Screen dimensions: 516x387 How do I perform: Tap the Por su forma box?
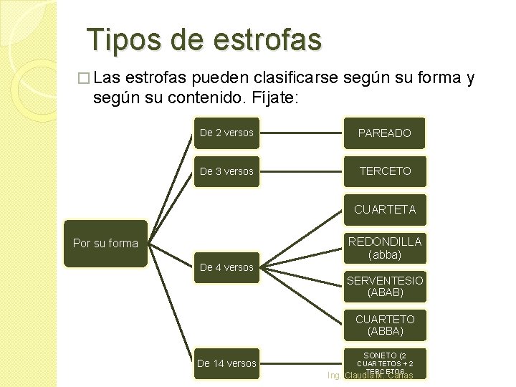click(x=105, y=243)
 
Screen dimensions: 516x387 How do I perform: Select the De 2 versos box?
click(x=226, y=133)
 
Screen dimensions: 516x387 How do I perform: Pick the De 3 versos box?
click(x=226, y=171)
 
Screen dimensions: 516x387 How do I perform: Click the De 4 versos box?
click(x=226, y=267)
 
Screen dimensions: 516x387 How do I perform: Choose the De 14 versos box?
click(x=226, y=363)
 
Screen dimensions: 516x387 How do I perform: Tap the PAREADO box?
click(x=385, y=133)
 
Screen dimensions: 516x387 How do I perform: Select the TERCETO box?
click(x=385, y=171)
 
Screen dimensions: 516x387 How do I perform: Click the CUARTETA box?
click(x=385, y=210)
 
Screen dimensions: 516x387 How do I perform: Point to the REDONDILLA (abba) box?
click(x=385, y=248)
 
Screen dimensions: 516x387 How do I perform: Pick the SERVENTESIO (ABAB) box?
click(x=385, y=287)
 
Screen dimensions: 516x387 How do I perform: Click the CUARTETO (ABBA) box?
click(x=385, y=325)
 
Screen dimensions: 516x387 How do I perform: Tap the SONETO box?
click(x=385, y=362)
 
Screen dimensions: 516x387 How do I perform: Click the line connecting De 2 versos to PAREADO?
click(x=301, y=133)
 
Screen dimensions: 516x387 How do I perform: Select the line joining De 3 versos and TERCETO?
click(x=301, y=171)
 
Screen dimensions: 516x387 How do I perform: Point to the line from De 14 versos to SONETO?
click(x=301, y=363)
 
